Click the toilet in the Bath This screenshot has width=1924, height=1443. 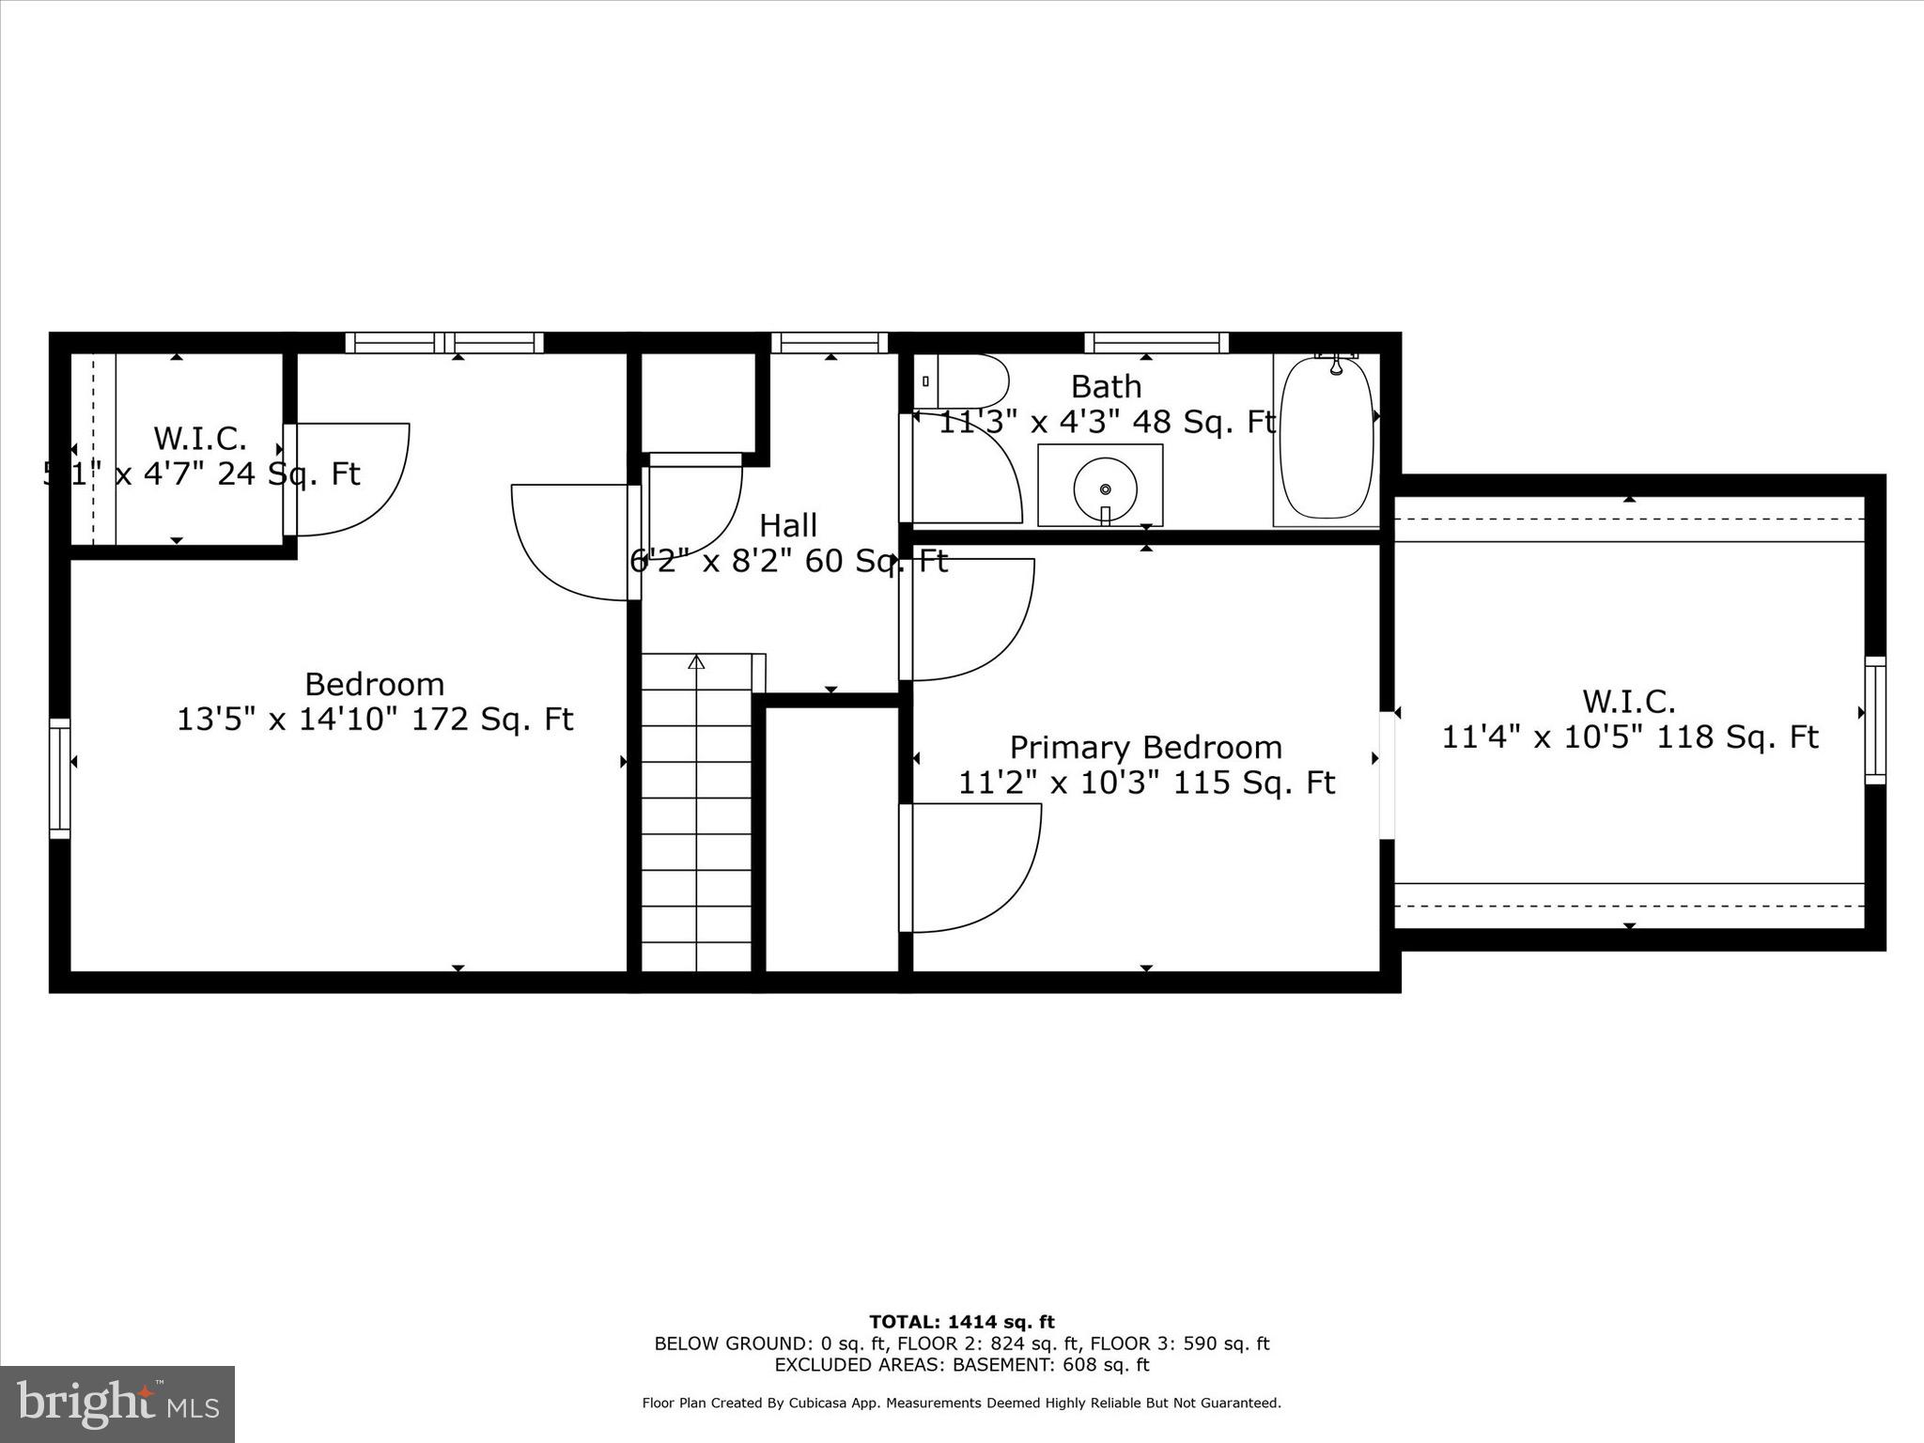[962, 381]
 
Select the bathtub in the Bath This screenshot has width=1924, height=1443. [1326, 439]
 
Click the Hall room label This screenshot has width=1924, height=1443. [787, 525]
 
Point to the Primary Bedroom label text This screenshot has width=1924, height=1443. [1145, 748]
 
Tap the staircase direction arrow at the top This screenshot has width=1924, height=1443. [696, 662]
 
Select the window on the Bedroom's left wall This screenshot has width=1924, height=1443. [60, 778]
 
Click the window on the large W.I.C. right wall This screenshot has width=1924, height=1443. [1874, 721]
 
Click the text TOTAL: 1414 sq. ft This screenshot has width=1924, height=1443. [961, 1322]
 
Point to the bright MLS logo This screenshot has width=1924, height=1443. [117, 1404]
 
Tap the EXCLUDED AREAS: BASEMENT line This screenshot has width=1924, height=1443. [961, 1365]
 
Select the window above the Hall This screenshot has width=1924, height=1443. [830, 343]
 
